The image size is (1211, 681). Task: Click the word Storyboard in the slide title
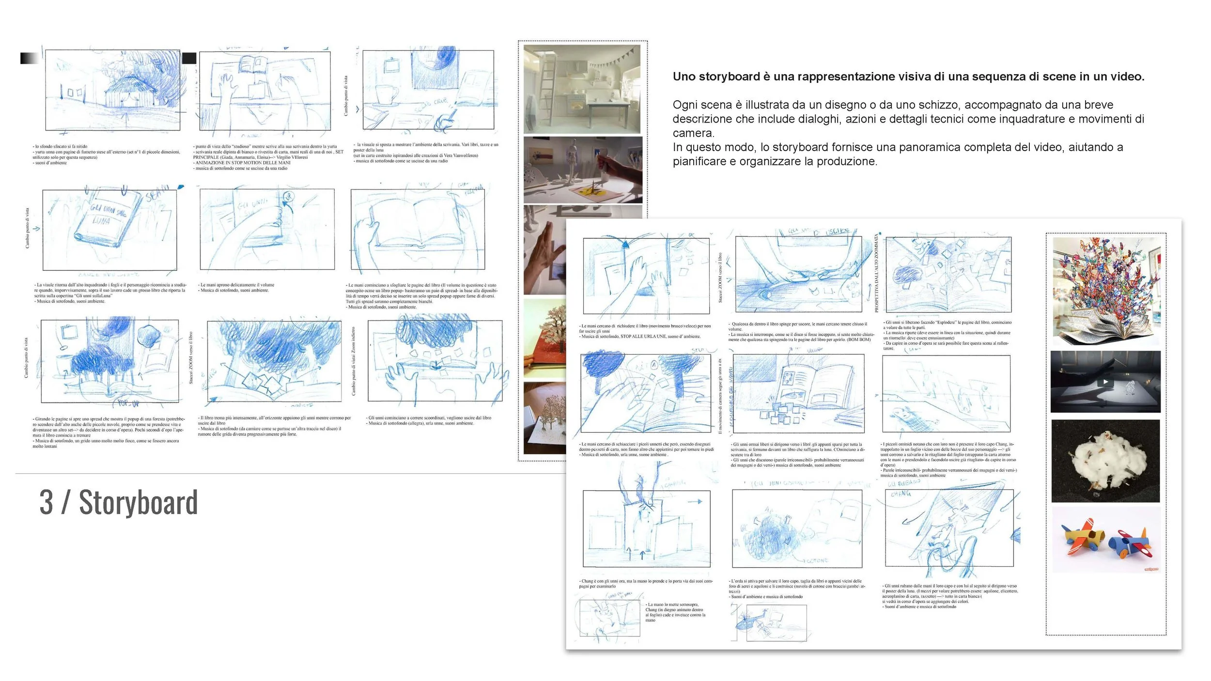point(138,503)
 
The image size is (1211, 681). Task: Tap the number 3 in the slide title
point(46,503)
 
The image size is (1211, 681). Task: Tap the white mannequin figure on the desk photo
point(574,160)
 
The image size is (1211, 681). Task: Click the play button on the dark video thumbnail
point(1105,382)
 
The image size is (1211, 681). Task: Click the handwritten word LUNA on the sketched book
point(101,221)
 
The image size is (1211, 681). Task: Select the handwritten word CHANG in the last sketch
point(900,494)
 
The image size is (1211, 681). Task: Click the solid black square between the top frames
point(189,58)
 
